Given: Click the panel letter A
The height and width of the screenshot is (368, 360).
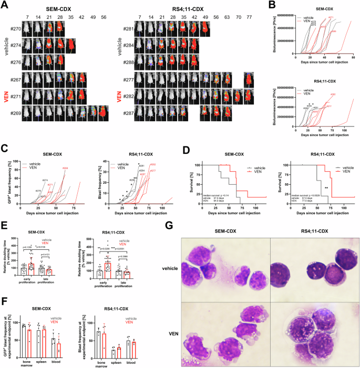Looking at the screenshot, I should tap(5, 4).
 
